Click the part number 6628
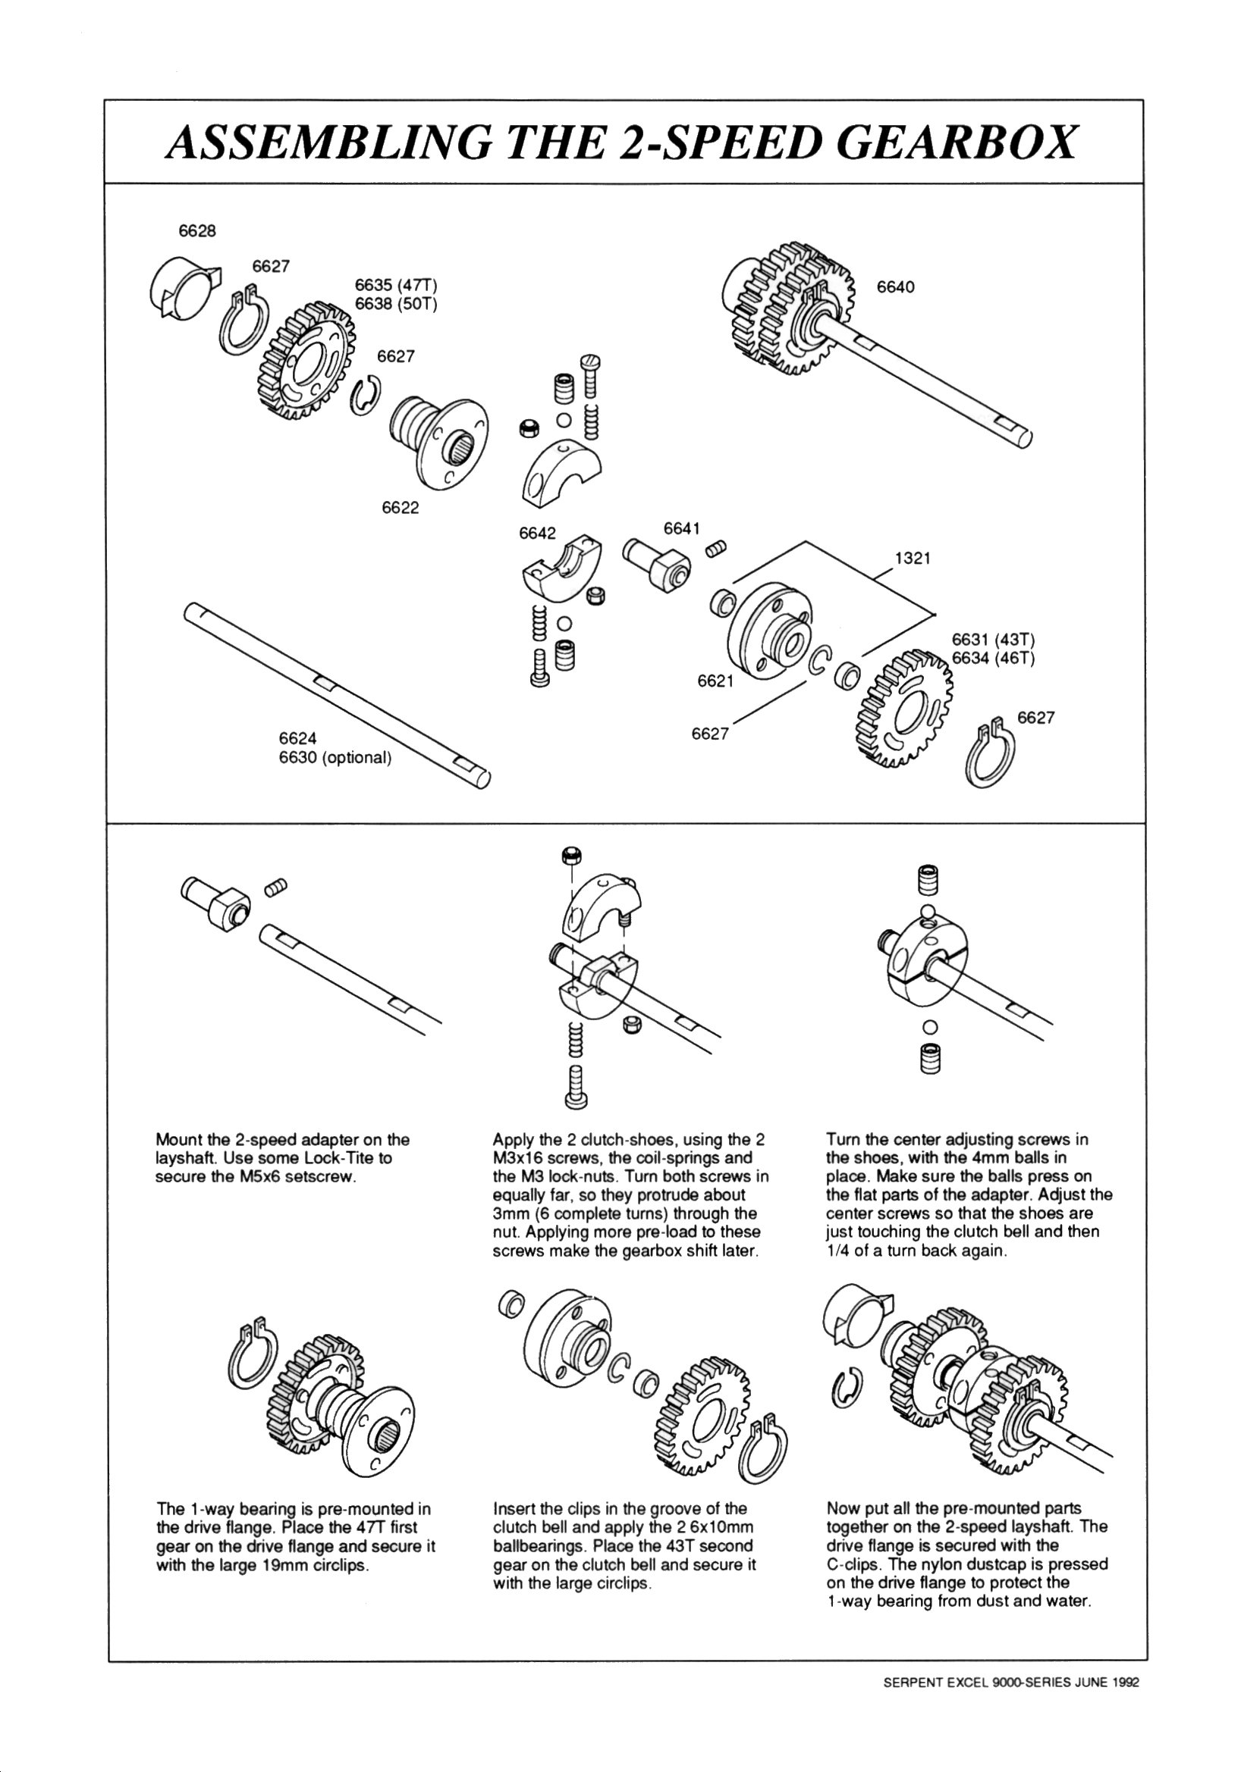[197, 230]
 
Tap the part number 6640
[895, 287]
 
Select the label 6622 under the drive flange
[400, 507]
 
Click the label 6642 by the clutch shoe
[538, 534]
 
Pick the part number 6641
[682, 529]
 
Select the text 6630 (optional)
[336, 757]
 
